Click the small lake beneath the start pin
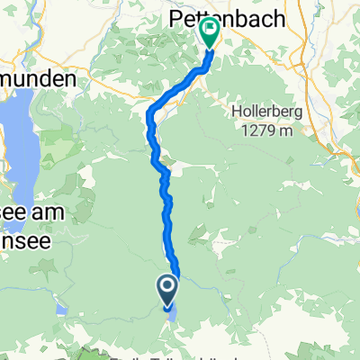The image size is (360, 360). click(x=171, y=312)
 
